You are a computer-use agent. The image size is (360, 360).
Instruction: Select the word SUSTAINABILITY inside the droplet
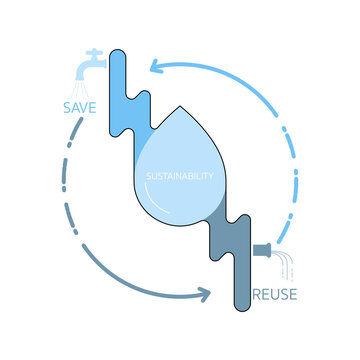(181, 177)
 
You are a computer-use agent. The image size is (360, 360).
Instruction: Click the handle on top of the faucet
(93, 50)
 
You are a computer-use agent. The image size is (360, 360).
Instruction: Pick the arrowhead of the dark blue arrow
(204, 293)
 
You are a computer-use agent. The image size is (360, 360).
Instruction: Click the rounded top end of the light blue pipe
(116, 49)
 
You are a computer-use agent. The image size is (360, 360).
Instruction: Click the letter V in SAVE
(86, 108)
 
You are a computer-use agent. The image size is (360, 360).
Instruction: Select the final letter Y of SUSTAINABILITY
(214, 177)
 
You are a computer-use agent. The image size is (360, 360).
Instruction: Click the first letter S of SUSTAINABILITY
(149, 177)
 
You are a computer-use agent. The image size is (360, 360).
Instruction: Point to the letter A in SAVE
(74, 108)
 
